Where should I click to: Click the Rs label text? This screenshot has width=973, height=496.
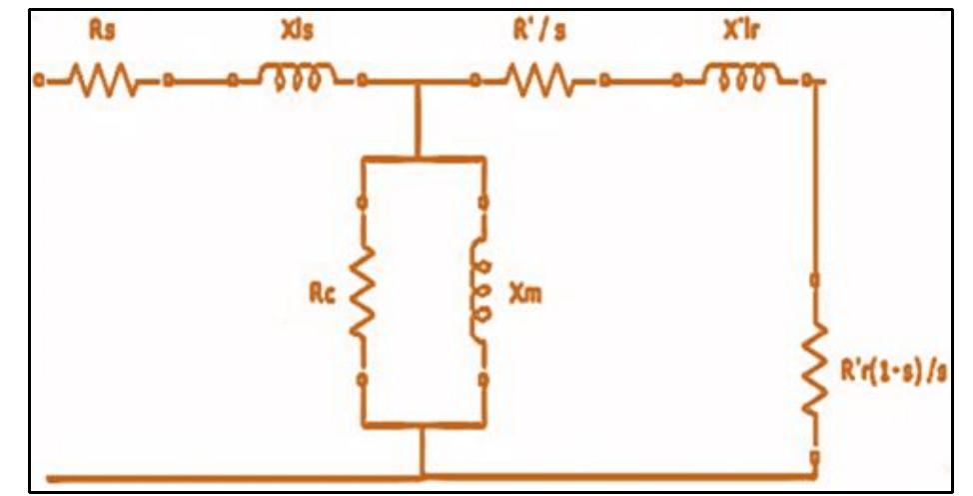click(102, 30)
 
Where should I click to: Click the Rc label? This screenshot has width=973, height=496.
click(322, 293)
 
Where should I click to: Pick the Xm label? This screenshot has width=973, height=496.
click(525, 293)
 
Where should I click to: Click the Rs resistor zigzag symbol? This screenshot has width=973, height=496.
click(103, 80)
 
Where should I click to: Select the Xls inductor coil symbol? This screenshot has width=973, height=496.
click(298, 76)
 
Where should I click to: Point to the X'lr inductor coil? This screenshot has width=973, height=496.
click(741, 76)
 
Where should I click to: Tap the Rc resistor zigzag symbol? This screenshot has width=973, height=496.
click(363, 292)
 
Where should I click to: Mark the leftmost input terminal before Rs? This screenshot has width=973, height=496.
click(39, 80)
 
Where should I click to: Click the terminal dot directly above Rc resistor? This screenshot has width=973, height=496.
click(363, 203)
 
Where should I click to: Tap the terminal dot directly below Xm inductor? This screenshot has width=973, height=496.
click(484, 379)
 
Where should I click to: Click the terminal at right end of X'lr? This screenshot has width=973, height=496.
click(807, 80)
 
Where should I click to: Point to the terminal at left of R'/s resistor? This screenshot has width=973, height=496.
click(476, 80)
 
